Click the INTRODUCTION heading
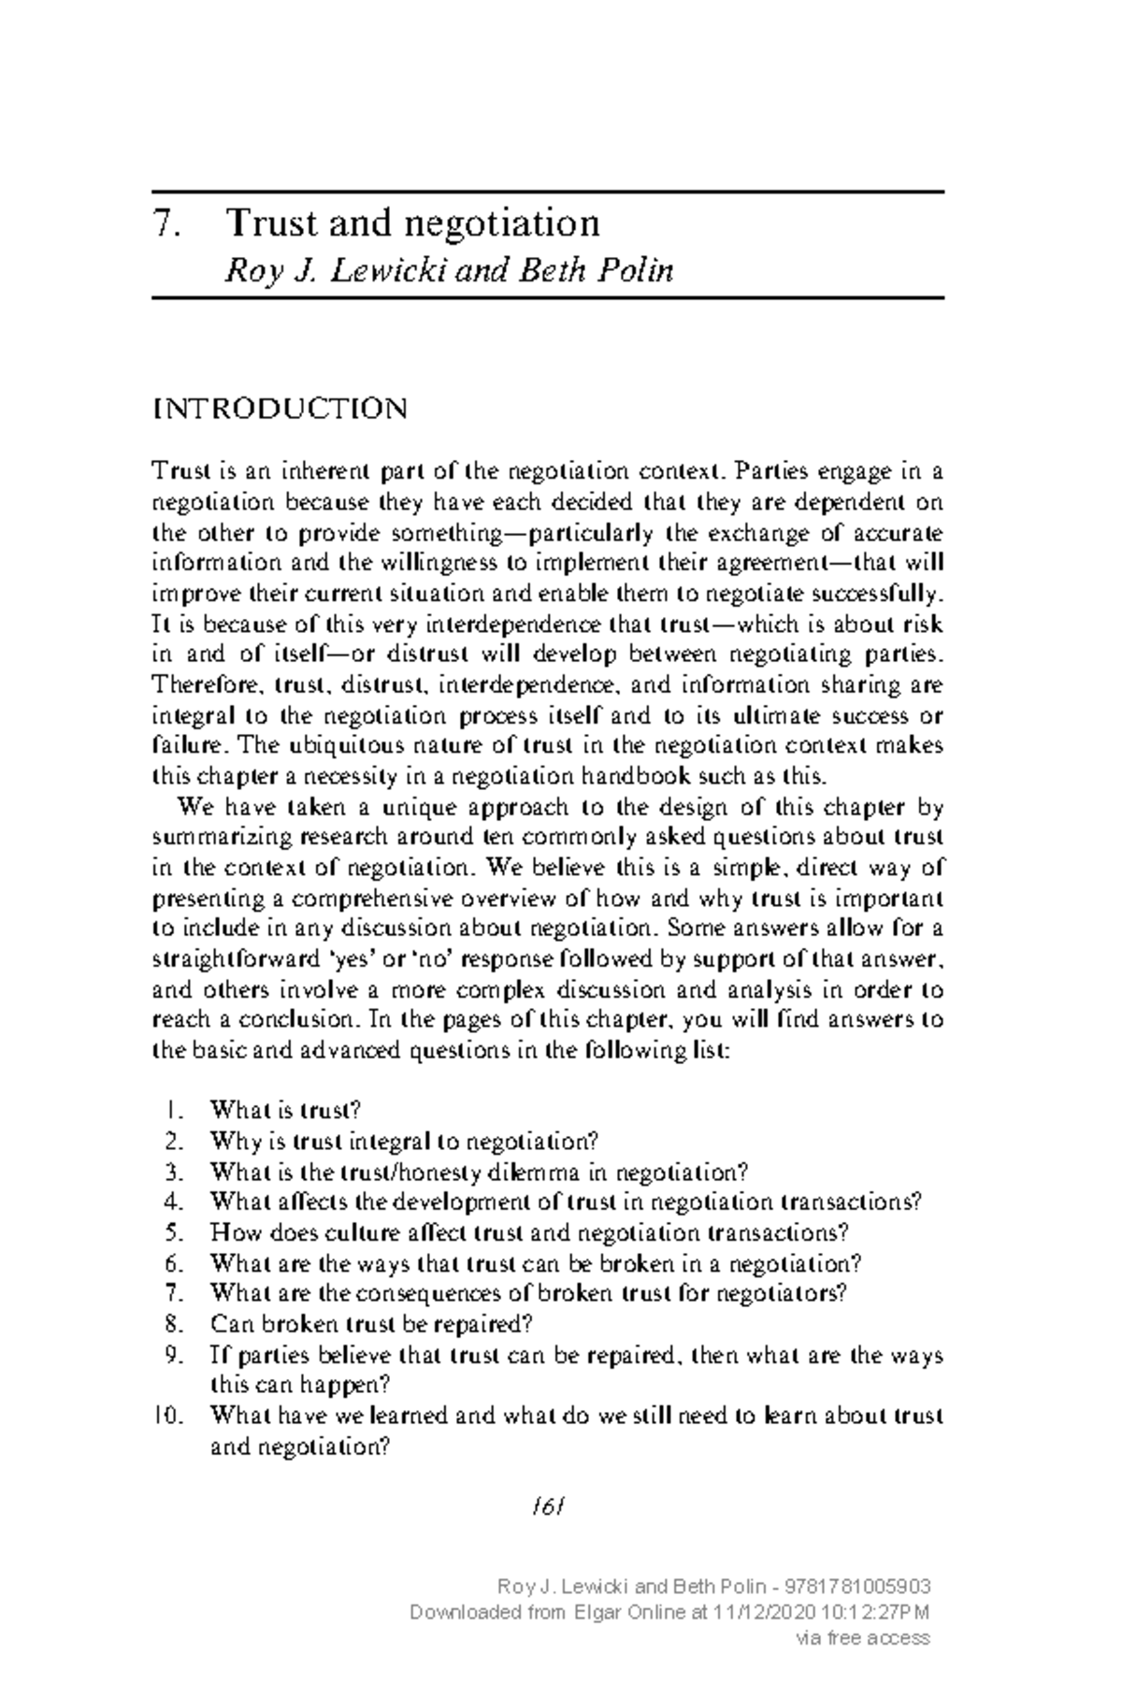pyautogui.click(x=280, y=409)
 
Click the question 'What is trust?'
pyautogui.click(x=285, y=1111)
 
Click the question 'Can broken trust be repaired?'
pyautogui.click(x=371, y=1325)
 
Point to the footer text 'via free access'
pyautogui.click(x=861, y=1637)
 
